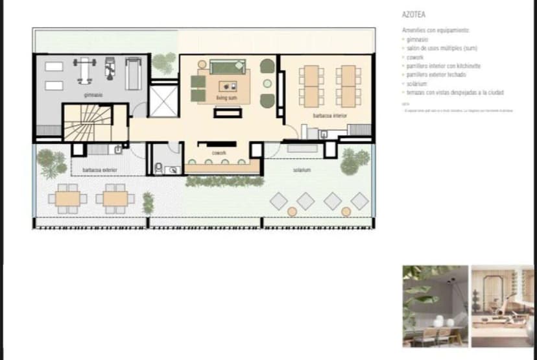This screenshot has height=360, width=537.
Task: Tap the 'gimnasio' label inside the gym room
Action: (x=92, y=95)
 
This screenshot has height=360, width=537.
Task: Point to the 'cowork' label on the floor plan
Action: (x=219, y=153)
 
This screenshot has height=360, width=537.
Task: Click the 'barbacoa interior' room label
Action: (x=329, y=115)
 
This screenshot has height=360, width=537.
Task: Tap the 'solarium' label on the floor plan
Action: (x=302, y=170)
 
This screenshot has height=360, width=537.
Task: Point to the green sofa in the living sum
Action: (x=224, y=66)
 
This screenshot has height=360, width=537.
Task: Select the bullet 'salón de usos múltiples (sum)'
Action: (x=436, y=49)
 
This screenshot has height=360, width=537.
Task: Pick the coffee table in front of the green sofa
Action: (x=228, y=85)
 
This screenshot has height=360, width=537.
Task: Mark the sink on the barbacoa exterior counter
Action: (x=117, y=149)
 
